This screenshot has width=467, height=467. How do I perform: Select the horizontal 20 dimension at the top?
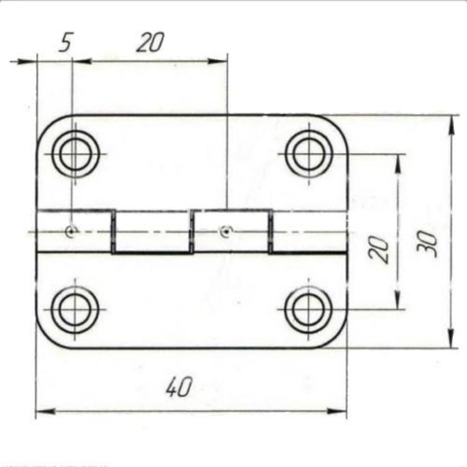pyautogui.click(x=150, y=42)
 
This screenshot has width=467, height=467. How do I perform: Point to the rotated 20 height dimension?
pyautogui.click(x=379, y=249)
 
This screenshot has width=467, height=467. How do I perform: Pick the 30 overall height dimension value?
pyautogui.click(x=428, y=245)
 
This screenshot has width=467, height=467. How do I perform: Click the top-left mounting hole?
pyautogui.click(x=75, y=153)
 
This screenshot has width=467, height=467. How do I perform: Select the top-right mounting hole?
pyautogui.click(x=308, y=152)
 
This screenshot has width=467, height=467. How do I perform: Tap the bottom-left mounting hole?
pyautogui.click(x=75, y=308)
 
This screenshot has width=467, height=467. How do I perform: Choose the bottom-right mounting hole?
pyautogui.click(x=308, y=308)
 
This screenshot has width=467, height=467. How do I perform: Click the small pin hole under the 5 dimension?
pyautogui.click(x=71, y=230)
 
